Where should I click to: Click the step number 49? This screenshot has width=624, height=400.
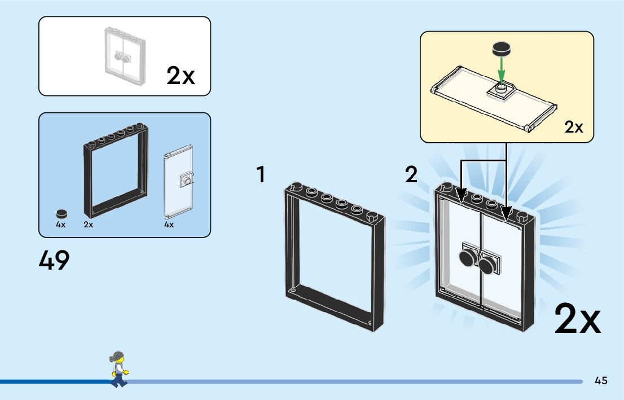pyautogui.click(x=54, y=260)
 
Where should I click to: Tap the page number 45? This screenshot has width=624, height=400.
pyautogui.click(x=601, y=381)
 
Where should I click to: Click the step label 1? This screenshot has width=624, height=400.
pyautogui.click(x=261, y=175)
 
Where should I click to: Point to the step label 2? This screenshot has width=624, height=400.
pyautogui.click(x=411, y=175)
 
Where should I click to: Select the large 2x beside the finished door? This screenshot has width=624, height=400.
pyautogui.click(x=577, y=319)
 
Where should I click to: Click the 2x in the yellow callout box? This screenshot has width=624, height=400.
pyautogui.click(x=574, y=128)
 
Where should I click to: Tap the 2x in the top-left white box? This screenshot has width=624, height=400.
pyautogui.click(x=181, y=76)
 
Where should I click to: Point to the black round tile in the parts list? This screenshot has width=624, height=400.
pyautogui.click(x=61, y=214)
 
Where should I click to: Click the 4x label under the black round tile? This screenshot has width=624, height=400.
pyautogui.click(x=61, y=225)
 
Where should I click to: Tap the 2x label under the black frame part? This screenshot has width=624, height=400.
pyautogui.click(x=88, y=225)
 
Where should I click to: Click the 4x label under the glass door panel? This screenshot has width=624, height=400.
pyautogui.click(x=169, y=225)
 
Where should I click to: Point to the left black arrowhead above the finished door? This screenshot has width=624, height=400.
pyautogui.click(x=461, y=196)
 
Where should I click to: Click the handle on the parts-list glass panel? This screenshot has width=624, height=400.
pyautogui.click(x=186, y=181)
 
